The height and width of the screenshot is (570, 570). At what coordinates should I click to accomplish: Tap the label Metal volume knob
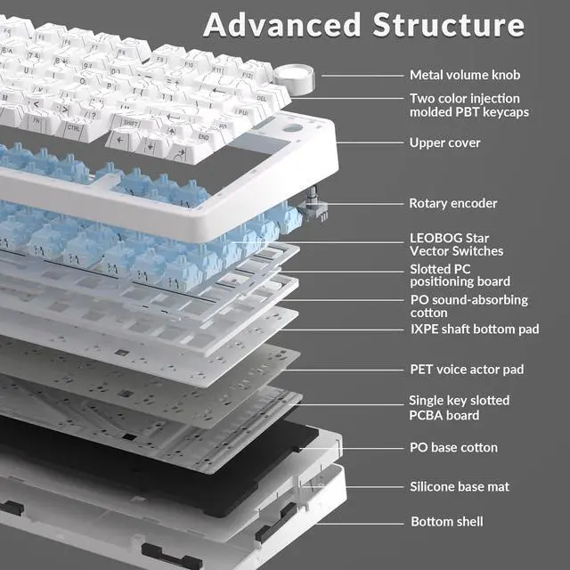[464, 75]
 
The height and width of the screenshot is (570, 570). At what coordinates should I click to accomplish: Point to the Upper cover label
[444, 142]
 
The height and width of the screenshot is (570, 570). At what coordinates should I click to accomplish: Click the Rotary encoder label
[452, 203]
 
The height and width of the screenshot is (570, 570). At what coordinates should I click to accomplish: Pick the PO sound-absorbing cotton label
[468, 306]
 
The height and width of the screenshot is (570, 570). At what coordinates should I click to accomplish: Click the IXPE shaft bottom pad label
[474, 330]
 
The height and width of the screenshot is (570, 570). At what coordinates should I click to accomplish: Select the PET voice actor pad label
[466, 369]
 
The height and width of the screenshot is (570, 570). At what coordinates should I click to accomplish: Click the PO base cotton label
[453, 447]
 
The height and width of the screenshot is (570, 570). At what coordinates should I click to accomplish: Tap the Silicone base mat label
[460, 486]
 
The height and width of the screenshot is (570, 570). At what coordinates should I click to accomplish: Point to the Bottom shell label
[447, 521]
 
